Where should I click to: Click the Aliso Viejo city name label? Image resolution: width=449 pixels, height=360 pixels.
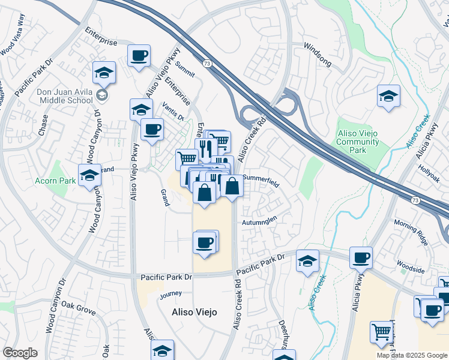point(194,312)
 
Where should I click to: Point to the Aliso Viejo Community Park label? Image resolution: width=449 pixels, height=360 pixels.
point(358,142)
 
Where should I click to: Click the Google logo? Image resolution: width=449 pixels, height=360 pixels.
point(20,353)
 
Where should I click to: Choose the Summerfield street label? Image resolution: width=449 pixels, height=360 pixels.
point(261,182)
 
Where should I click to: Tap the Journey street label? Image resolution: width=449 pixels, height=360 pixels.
point(170,294)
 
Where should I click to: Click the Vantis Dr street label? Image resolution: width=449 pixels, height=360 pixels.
point(173,112)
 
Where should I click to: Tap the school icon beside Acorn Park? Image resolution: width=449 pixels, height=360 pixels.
point(89,175)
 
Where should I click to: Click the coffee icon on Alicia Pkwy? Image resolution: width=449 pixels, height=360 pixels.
point(361,257)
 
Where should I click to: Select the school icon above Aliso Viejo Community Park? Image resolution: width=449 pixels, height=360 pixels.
point(388,96)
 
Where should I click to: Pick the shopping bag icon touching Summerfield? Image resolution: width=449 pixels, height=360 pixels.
point(232,186)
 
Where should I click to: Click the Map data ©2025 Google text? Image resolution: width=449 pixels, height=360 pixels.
point(412,355)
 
